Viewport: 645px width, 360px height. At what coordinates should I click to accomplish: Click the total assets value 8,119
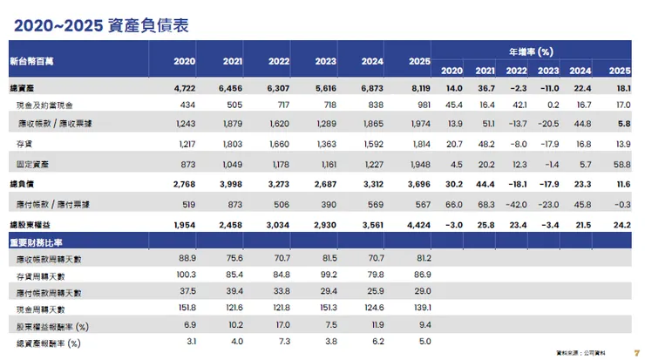419,89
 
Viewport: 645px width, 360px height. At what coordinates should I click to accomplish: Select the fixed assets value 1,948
419,164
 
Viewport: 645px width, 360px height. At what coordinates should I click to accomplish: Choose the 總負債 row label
24,185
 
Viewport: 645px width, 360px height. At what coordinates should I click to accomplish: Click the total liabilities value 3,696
419,185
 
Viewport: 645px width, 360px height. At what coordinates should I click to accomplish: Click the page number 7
635,351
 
